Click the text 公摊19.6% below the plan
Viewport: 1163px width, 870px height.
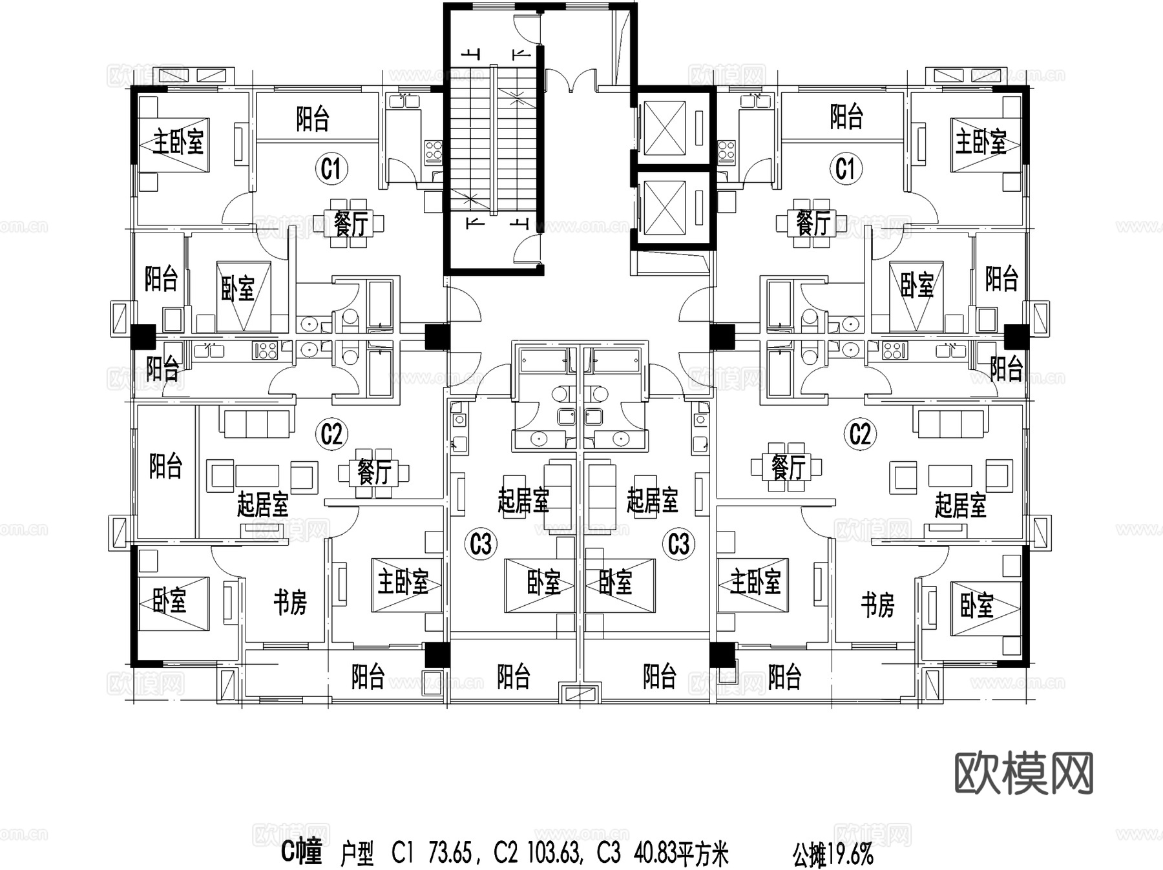[x=833, y=855]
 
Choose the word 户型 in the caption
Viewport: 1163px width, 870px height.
[x=357, y=855]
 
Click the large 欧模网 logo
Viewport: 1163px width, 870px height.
[x=1024, y=773]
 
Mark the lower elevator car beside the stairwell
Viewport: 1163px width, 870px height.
[x=665, y=207]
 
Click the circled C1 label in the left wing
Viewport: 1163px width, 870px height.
[x=331, y=169]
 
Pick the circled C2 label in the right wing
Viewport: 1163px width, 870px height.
[x=859, y=434]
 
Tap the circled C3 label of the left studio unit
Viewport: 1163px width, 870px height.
[x=480, y=544]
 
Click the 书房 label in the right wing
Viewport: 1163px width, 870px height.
[x=877, y=605]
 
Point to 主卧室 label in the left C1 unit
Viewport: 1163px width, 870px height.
[x=178, y=141]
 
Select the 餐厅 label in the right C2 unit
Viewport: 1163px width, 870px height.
[x=788, y=467]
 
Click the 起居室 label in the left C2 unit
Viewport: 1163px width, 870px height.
[x=262, y=504]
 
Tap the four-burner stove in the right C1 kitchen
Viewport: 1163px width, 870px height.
[x=726, y=150]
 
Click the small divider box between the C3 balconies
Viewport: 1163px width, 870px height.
[x=580, y=694]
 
